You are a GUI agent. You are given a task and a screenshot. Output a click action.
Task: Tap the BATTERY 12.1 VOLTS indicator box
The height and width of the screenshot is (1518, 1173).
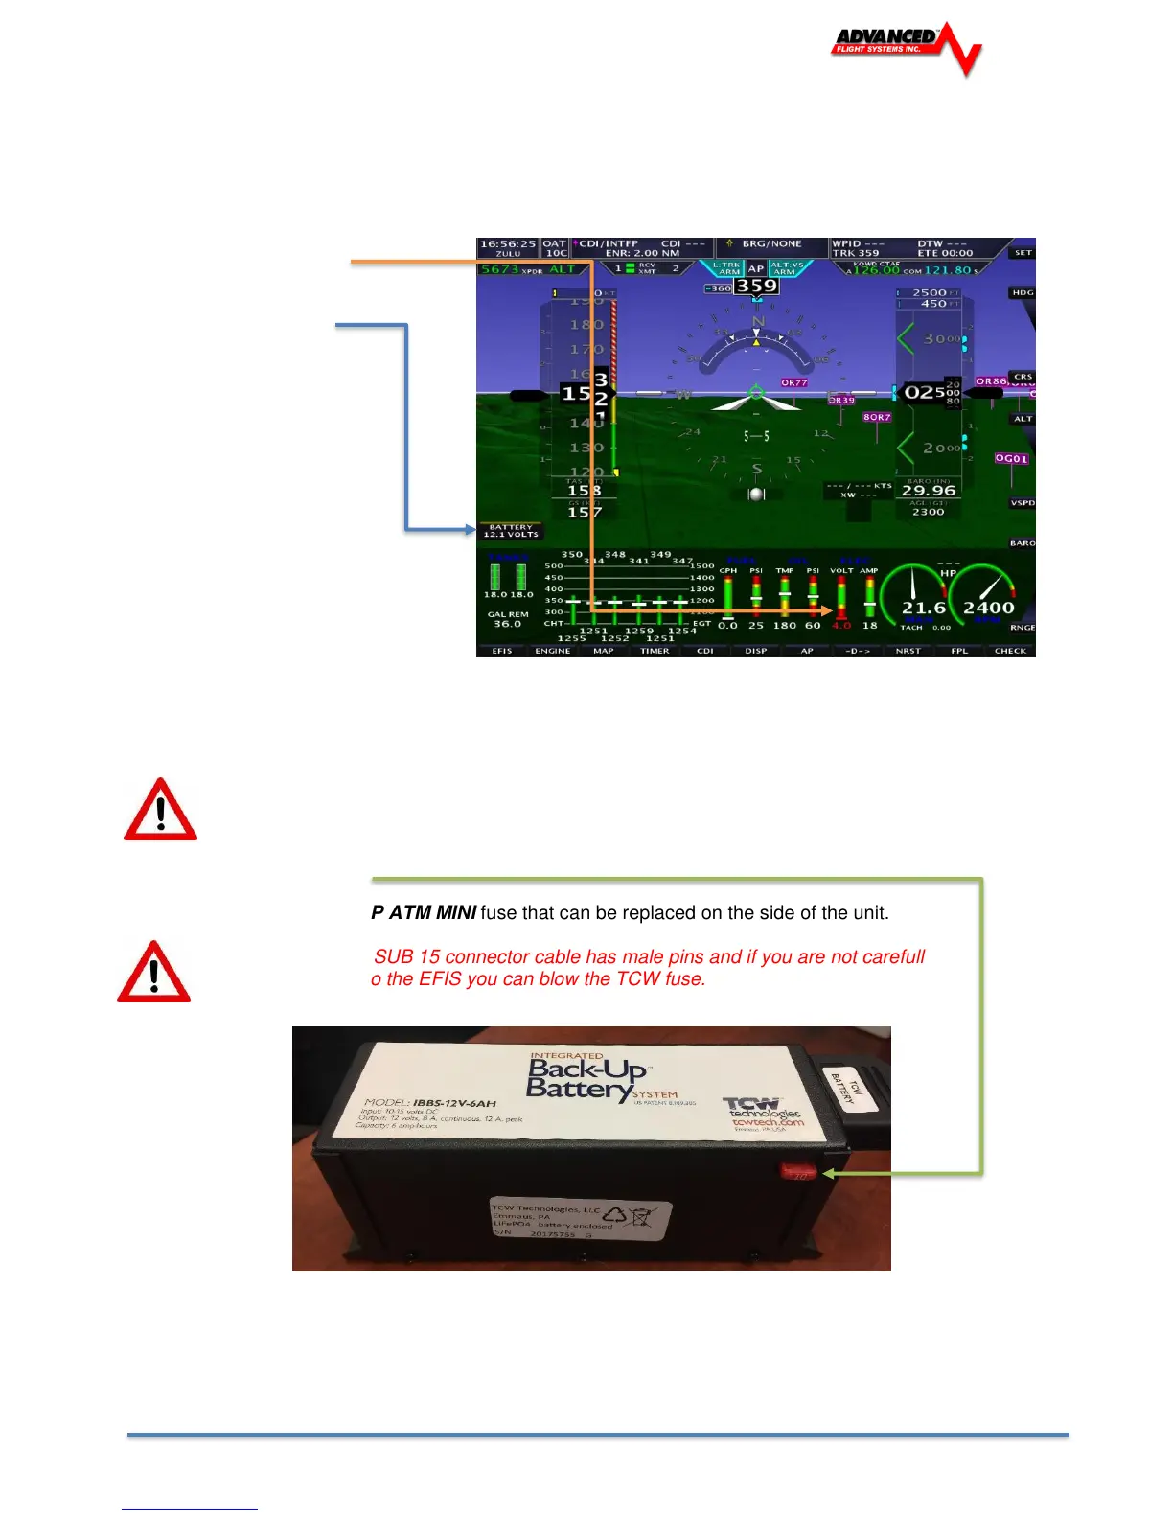(x=512, y=531)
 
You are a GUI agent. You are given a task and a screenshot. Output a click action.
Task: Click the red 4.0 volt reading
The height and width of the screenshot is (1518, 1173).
(x=840, y=626)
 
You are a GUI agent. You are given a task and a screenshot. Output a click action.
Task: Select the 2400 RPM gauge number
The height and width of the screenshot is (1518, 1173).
(x=988, y=608)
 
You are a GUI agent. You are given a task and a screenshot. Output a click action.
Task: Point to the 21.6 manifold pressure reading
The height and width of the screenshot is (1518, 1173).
(x=923, y=608)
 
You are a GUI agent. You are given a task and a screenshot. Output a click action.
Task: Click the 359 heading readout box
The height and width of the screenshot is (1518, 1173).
(x=756, y=286)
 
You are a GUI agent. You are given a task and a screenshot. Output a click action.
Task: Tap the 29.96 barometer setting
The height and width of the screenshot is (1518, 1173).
(x=929, y=491)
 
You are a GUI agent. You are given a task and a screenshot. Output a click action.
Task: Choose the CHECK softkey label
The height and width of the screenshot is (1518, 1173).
(x=1010, y=651)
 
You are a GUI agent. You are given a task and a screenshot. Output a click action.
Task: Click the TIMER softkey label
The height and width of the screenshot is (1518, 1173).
(x=655, y=651)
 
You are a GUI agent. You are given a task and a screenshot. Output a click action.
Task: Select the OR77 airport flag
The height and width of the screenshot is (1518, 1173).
(x=794, y=382)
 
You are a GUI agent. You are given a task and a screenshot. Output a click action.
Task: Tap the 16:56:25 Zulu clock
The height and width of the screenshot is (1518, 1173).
(x=508, y=244)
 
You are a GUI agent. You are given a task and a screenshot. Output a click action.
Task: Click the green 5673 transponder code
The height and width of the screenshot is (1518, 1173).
(x=499, y=269)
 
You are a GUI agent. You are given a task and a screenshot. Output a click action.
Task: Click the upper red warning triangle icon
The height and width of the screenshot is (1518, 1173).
(x=161, y=811)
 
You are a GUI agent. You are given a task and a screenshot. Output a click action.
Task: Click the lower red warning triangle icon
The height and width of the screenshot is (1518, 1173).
(x=154, y=973)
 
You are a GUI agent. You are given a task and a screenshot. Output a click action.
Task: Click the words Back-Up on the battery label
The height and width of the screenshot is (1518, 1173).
(x=586, y=1069)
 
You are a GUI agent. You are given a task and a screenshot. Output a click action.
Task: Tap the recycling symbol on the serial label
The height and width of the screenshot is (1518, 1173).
(x=614, y=1214)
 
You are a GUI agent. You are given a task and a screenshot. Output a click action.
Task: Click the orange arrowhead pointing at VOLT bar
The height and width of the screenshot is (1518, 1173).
(x=827, y=609)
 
